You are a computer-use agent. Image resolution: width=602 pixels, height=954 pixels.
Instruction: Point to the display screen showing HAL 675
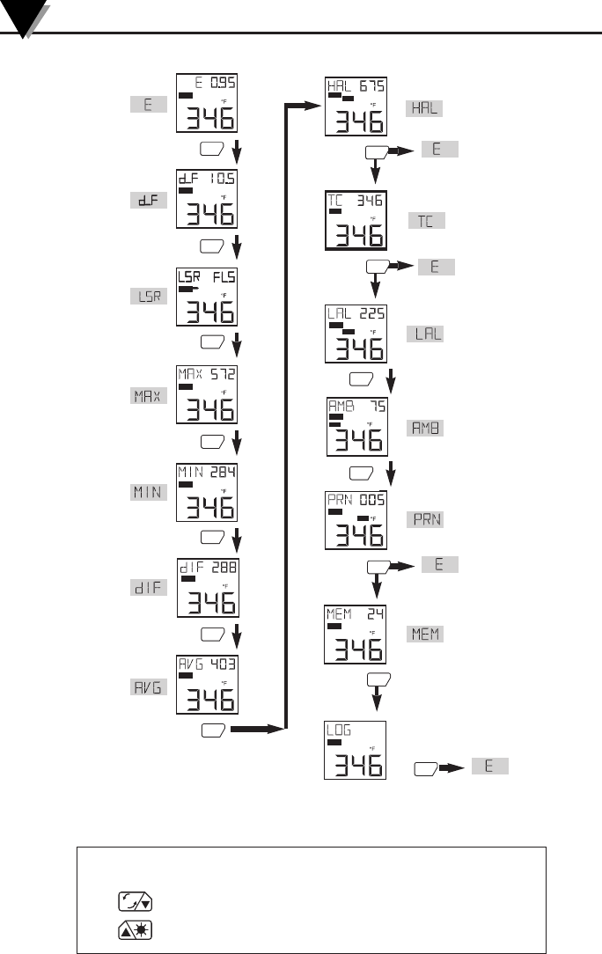356,107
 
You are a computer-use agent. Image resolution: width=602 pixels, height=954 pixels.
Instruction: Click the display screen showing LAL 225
356,334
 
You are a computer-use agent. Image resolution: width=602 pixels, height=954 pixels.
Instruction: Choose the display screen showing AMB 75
356,427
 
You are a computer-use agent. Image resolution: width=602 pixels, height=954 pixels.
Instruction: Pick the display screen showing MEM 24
356,634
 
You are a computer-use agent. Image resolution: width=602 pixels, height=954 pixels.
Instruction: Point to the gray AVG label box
142,686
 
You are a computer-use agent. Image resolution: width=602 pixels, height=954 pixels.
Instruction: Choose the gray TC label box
426,220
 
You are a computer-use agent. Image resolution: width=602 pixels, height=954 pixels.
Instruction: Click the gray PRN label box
425,519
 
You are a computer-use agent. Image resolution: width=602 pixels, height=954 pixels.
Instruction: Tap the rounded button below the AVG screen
214,729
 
